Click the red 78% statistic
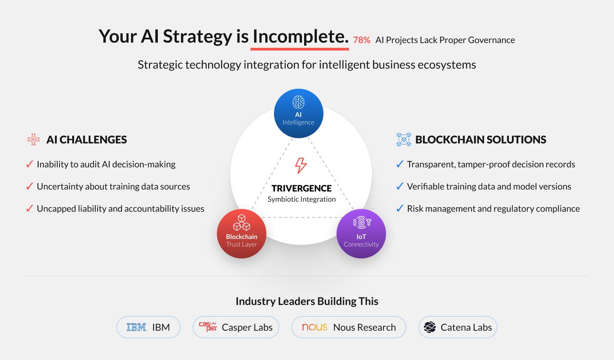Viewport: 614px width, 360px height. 362,40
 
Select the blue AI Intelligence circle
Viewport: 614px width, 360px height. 298,113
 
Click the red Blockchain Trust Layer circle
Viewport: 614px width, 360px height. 242,234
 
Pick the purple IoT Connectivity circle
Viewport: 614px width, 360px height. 361,234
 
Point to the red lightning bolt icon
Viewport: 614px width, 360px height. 301,165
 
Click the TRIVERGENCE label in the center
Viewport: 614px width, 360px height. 301,188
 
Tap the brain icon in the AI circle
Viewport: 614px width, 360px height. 298,102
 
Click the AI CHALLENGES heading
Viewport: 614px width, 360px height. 86,140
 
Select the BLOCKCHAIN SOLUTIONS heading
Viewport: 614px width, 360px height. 481,140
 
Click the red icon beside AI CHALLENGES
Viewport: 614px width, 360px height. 33,139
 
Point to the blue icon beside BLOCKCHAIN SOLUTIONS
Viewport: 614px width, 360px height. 404,139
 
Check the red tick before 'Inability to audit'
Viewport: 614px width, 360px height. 30,164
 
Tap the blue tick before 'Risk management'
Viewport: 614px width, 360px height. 399,208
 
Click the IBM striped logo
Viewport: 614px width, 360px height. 136,327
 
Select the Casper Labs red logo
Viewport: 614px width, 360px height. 208,327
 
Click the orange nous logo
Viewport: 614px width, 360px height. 314,327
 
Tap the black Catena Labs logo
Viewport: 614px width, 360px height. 430,327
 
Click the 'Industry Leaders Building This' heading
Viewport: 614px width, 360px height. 307,301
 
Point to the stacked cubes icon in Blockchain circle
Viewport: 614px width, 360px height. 242,223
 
